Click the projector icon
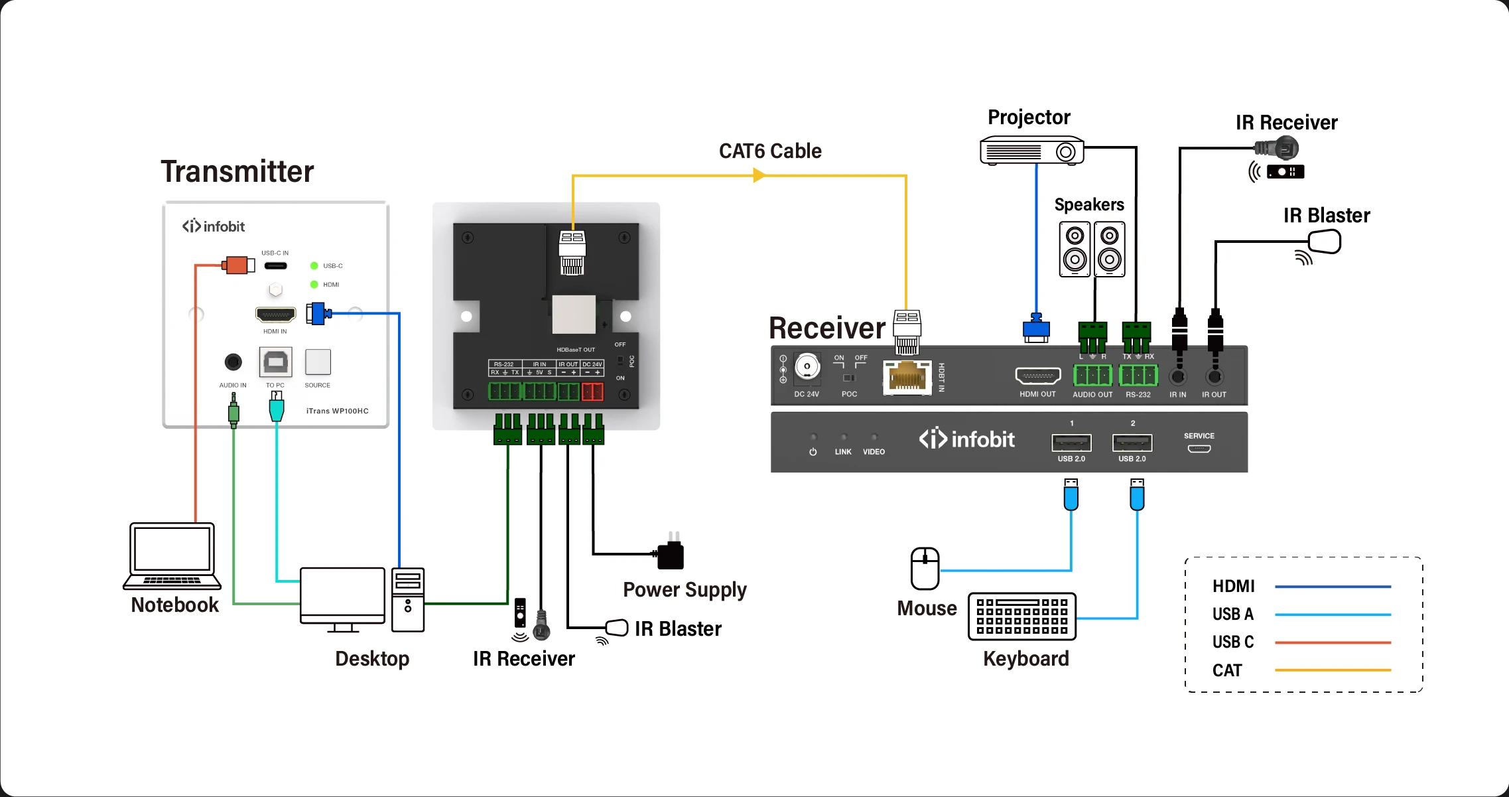[1031, 151]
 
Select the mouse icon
[925, 569]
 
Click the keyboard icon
[1021, 616]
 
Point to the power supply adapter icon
[671, 553]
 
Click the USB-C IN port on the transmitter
[276, 266]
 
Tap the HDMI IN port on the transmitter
[276, 315]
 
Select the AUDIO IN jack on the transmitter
[233, 362]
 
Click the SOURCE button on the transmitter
[318, 362]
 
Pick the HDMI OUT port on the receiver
[1038, 376]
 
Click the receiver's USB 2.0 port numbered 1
[1071, 443]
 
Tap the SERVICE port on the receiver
[1199, 449]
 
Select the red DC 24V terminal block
[592, 392]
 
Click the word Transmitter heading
[237, 172]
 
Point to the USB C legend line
[1333, 642]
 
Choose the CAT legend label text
[1227, 670]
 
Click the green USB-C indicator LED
[314, 266]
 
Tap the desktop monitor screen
[342, 592]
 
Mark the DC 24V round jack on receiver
[807, 366]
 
